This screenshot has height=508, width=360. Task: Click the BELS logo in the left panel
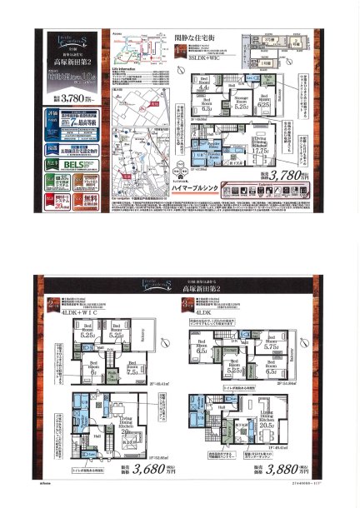click(x=67, y=165)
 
